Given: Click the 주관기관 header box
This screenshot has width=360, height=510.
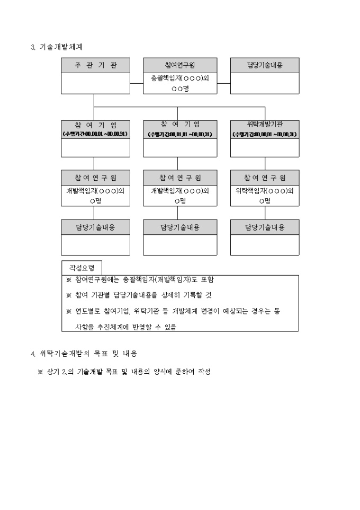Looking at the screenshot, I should point(96,65).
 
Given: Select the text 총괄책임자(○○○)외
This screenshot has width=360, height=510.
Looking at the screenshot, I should point(180,78).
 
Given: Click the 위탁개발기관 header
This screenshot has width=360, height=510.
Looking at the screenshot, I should point(265,125).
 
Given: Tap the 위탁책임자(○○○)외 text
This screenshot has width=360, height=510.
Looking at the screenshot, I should point(265,191).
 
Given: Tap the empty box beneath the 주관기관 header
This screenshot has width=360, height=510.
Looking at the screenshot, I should point(96,83).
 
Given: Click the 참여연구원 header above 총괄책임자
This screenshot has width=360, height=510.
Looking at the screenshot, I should point(180,65).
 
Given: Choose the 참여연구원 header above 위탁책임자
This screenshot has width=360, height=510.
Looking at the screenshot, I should point(265,177).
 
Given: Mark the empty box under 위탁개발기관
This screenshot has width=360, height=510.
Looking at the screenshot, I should point(265,148).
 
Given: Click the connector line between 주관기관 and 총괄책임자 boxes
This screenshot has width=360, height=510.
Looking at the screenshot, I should point(137,83).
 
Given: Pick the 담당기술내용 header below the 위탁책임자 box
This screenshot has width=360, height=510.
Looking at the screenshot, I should point(265,227).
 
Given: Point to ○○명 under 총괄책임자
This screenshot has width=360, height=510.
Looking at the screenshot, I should point(180,89).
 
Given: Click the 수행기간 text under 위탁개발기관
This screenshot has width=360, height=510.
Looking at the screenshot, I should point(265,135).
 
